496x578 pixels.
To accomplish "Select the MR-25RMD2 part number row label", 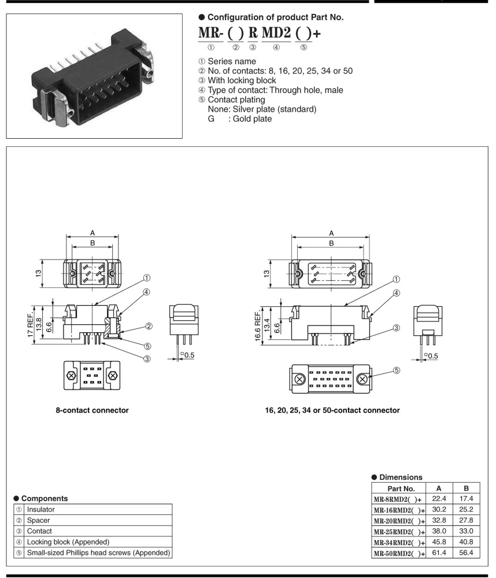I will click(x=398, y=531).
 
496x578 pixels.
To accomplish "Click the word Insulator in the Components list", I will click(x=40, y=510).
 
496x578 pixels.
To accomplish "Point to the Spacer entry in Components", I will click(x=38, y=520).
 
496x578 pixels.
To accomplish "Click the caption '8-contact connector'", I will click(x=92, y=410).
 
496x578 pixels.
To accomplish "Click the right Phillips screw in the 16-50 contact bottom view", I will click(x=363, y=380).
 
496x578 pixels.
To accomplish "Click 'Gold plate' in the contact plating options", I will click(x=252, y=119).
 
